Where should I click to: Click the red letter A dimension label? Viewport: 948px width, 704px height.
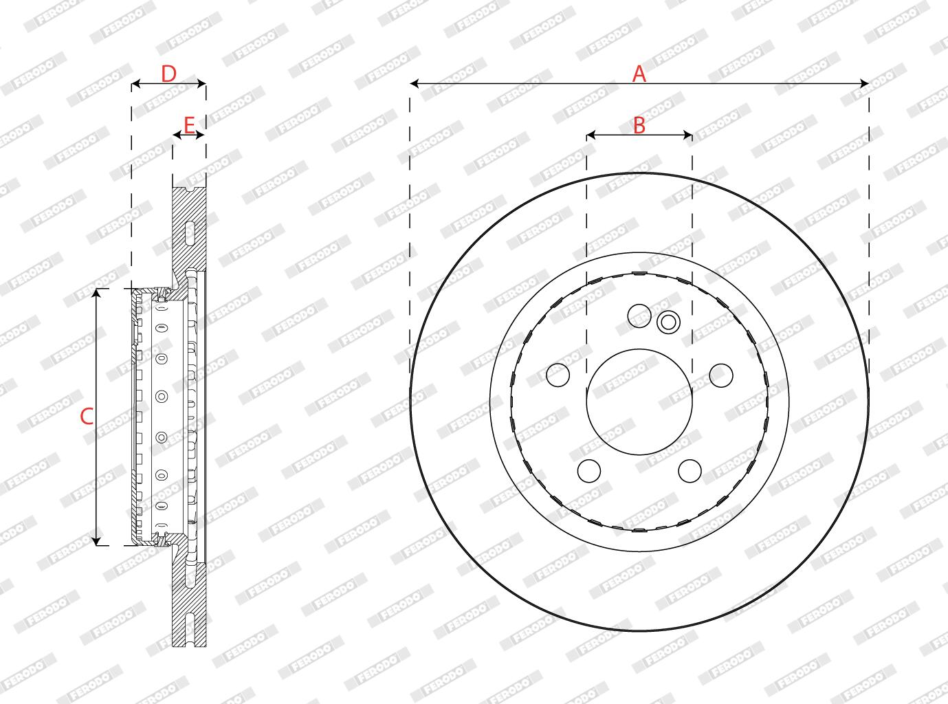click(x=639, y=74)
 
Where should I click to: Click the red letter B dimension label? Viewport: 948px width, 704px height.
click(x=639, y=126)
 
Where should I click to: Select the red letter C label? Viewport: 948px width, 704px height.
click(x=87, y=416)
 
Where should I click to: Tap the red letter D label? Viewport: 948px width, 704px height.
click(x=169, y=74)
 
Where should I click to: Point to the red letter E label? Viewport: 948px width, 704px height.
click(x=189, y=125)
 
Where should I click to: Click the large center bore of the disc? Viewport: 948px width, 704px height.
click(x=639, y=401)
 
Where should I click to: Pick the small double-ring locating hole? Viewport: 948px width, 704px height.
click(x=668, y=322)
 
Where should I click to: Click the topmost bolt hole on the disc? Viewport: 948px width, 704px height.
click(x=639, y=316)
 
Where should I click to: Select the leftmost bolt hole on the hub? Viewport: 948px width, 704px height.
click(x=558, y=375)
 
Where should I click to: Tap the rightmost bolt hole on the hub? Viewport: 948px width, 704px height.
click(x=721, y=375)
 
